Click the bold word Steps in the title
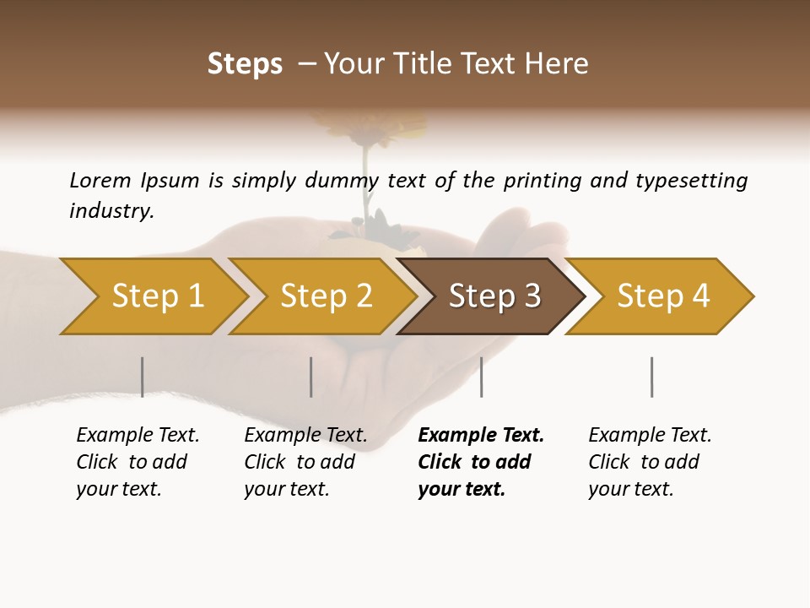pos(245,64)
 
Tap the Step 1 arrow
pos(157,296)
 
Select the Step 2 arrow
pos(326,296)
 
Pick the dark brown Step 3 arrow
pos(494,296)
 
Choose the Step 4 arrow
pos(662,296)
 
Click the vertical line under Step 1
pos(142,377)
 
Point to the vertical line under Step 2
pos(310,377)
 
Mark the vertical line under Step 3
pos(481,377)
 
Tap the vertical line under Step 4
pos(651,377)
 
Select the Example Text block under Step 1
pos(138,462)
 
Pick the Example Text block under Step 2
pos(305,462)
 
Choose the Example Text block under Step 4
pos(650,462)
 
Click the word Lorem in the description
pos(100,180)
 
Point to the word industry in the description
pos(111,210)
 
